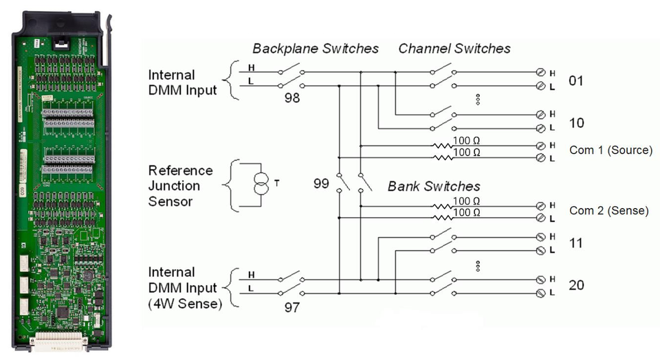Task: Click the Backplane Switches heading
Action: tap(316, 49)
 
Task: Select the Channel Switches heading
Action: tap(454, 49)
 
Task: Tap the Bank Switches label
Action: tap(434, 186)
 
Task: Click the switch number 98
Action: tap(292, 98)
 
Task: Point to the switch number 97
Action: tap(292, 307)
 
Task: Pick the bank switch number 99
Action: tap(321, 183)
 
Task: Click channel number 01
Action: tap(576, 80)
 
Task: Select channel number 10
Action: tap(576, 123)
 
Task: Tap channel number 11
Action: tap(575, 243)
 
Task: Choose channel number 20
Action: tap(576, 285)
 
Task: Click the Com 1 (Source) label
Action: tap(610, 150)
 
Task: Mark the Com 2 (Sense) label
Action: tap(609, 210)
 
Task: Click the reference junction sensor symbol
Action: tap(261, 184)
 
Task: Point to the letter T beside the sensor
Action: tap(276, 183)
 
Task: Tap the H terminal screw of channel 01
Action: tap(541, 72)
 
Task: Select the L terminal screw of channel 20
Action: tap(541, 293)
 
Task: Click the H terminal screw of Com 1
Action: tap(541, 146)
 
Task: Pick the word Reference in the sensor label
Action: tap(181, 170)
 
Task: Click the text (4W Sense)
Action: tap(185, 304)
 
